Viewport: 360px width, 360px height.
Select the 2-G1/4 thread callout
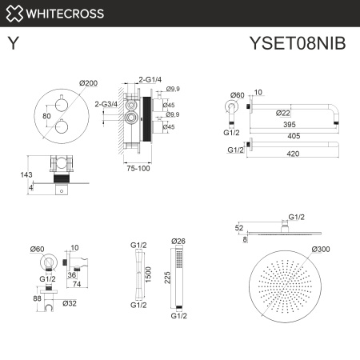click(x=151, y=79)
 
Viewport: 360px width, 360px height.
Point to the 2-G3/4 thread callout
click(x=106, y=103)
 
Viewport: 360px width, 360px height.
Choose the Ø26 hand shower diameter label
click(x=178, y=240)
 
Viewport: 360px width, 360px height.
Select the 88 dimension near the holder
click(x=36, y=299)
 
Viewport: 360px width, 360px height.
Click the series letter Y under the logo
click(x=13, y=43)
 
